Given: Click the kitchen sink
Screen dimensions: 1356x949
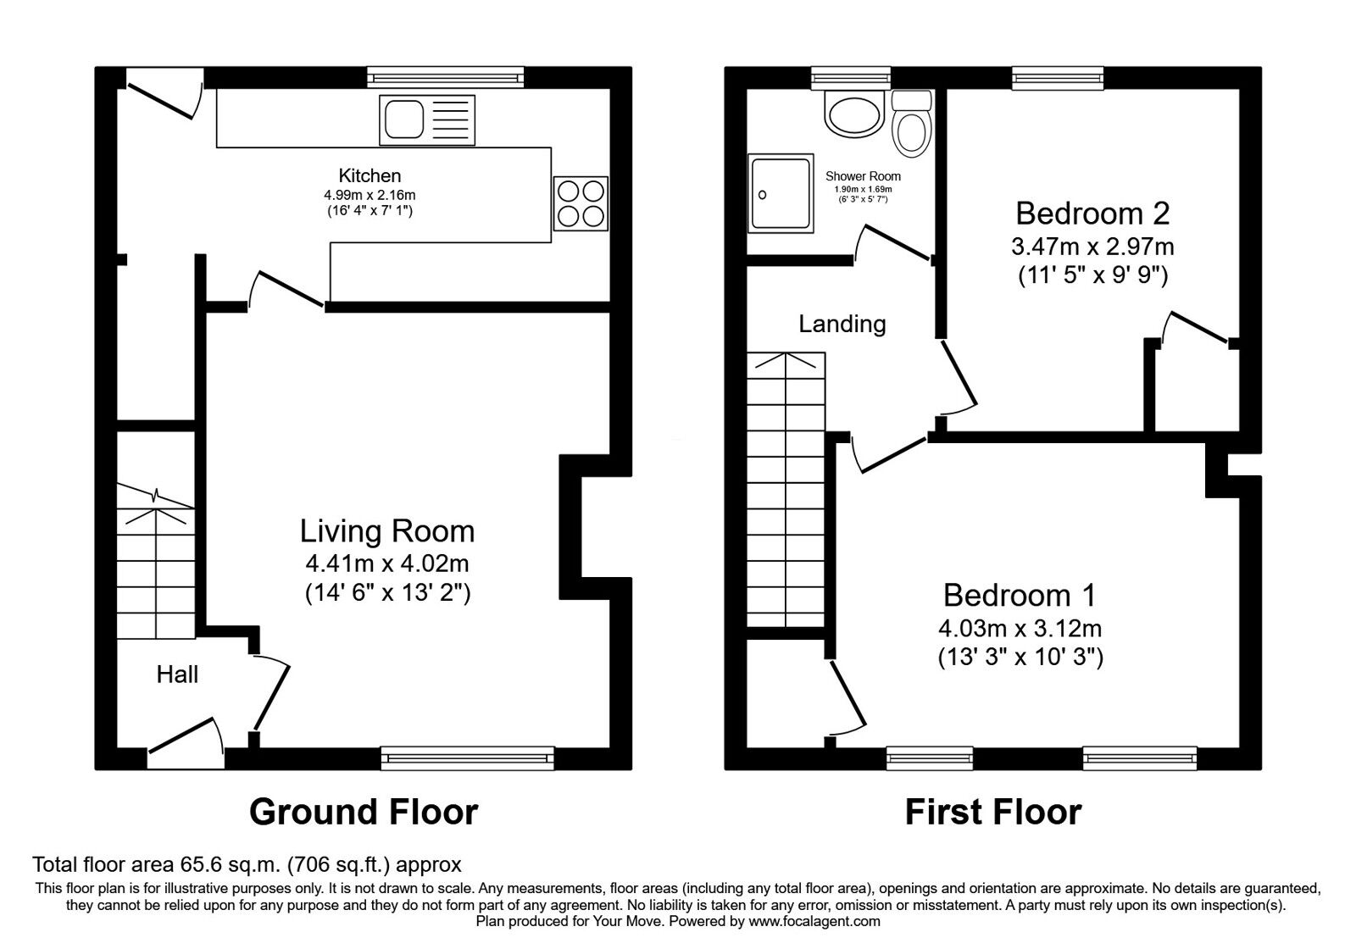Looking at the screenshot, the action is click(x=427, y=119).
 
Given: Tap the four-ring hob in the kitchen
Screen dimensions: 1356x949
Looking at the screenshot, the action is click(x=581, y=203).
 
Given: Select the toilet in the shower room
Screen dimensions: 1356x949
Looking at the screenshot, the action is click(x=912, y=124).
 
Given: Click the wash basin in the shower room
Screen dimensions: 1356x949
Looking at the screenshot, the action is click(x=855, y=115).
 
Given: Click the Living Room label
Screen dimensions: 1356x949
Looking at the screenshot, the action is click(x=387, y=531).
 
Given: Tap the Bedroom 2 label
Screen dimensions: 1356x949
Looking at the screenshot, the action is click(x=1092, y=214).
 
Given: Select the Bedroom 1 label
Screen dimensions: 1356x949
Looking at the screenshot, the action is click(x=1020, y=596).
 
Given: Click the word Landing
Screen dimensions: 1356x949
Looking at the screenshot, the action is click(x=842, y=325).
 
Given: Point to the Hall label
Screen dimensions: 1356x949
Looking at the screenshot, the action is click(x=177, y=674).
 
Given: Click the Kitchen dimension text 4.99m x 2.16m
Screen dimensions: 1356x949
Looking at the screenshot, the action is click(x=370, y=196).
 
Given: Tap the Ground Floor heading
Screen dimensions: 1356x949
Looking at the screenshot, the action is click(x=364, y=813).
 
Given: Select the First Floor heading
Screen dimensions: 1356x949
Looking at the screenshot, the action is click(x=993, y=813).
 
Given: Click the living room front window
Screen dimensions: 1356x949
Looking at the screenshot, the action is click(x=467, y=758).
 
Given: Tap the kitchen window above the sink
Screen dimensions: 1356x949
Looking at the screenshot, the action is click(x=446, y=77).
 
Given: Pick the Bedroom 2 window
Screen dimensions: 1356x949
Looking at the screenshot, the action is click(x=1058, y=78).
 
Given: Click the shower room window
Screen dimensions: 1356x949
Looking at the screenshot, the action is click(x=851, y=78).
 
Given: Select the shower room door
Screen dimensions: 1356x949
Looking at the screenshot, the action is click(x=893, y=243).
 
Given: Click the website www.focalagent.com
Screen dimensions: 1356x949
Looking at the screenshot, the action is click(x=814, y=922).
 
